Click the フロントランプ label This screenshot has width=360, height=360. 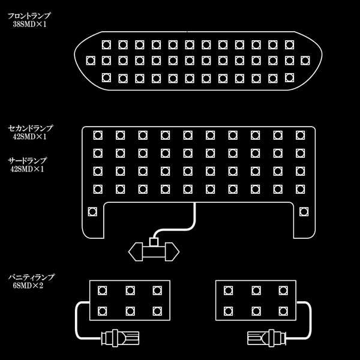(29, 16)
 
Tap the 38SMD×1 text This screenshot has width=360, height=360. (29, 25)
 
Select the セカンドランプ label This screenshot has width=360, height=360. (31, 128)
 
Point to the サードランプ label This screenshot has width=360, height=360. (27, 161)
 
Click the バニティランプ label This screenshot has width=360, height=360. (31, 277)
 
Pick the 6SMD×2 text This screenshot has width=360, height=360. (28, 286)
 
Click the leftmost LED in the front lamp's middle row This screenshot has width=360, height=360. (91, 61)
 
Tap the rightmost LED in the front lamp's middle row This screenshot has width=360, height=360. (305, 61)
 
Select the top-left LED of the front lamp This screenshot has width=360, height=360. (106, 44)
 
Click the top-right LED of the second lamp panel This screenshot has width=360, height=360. (300, 136)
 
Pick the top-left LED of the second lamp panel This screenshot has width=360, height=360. (98, 136)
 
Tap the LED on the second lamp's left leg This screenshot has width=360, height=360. (92, 211)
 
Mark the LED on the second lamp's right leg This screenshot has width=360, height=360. (304, 211)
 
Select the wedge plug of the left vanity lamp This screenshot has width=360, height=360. (119, 338)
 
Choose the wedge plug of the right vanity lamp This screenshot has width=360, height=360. (266, 338)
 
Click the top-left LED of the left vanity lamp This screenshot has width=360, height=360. (103, 290)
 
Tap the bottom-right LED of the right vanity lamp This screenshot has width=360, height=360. (283, 311)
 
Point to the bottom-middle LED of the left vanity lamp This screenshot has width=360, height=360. (130, 311)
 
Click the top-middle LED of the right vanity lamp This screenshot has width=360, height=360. (256, 290)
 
